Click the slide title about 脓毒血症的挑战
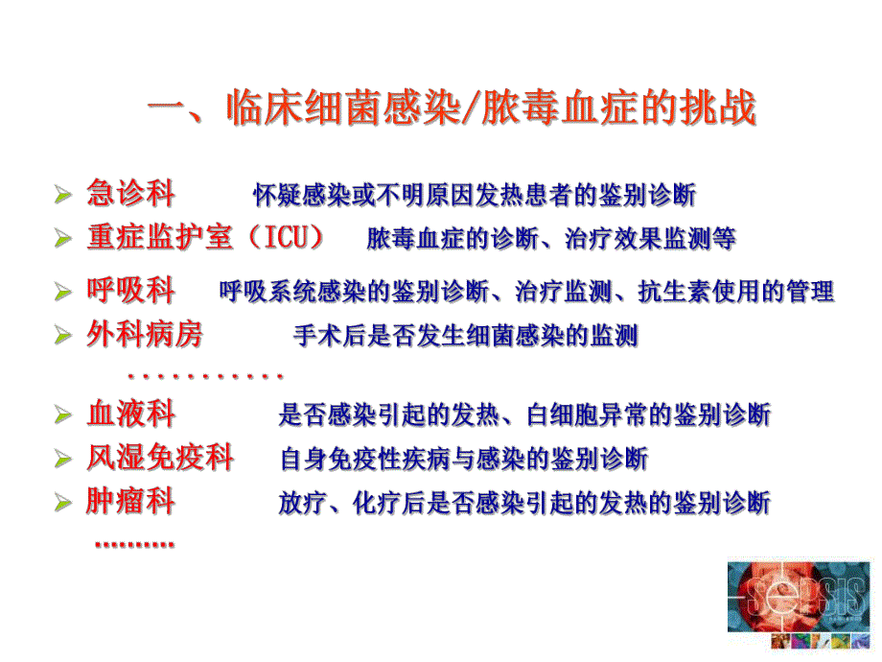click(451, 108)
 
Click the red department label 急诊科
click(130, 194)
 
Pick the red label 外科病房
click(145, 336)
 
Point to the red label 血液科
click(130, 414)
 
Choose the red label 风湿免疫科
click(160, 457)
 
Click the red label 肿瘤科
click(130, 501)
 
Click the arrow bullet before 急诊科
click(62, 196)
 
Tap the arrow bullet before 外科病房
click(62, 337)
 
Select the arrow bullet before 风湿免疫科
click(62, 459)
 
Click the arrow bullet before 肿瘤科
click(62, 503)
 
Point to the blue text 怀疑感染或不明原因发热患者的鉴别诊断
click(475, 196)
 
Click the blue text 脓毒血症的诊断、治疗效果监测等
click(551, 239)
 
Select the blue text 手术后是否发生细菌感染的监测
click(465, 337)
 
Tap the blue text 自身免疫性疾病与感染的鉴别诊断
click(464, 459)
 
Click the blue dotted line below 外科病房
click(204, 375)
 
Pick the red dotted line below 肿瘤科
click(134, 543)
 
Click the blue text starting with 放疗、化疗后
click(524, 503)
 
